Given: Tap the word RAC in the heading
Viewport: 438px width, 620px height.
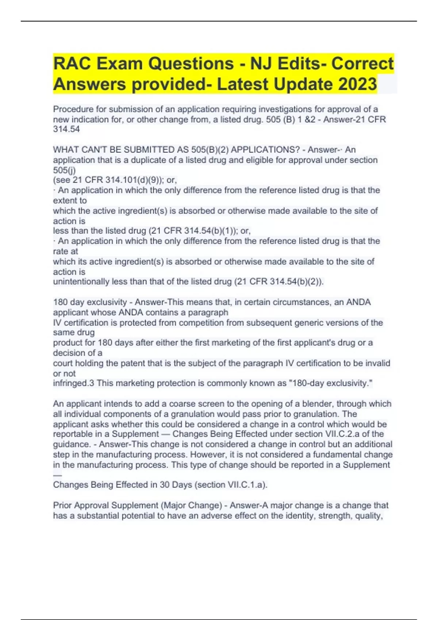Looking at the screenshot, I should pos(72,63).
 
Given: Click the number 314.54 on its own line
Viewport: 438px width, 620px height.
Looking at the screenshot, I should pos(66,129).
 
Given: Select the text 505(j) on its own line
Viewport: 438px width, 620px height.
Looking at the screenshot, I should pos(64,170).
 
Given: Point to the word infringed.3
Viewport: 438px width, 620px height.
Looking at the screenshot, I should pos(73,383).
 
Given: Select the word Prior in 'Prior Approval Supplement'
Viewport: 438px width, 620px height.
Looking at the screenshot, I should pos(63,505).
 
